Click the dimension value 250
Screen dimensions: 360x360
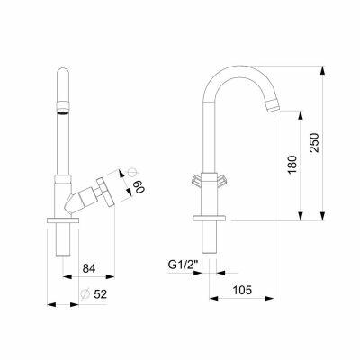coord(315,142)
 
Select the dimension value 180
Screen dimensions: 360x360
coord(292,165)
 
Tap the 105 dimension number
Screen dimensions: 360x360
coord(242,290)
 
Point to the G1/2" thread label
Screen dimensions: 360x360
coord(184,265)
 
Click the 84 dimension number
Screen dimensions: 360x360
coord(89,268)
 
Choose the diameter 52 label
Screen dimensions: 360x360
coord(94,294)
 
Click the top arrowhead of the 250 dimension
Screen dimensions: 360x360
coord(322,70)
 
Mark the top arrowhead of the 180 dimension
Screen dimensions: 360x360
coord(300,115)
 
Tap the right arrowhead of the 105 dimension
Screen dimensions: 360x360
coord(269,298)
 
